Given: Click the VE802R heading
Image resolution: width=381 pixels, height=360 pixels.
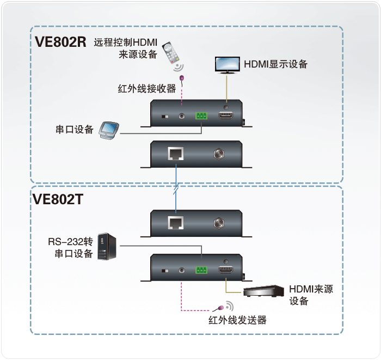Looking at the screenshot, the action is pyautogui.click(x=60, y=41).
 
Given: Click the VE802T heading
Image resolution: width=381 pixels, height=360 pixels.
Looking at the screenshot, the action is pyautogui.click(x=58, y=199).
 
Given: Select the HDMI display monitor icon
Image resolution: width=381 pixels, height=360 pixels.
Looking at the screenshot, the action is pyautogui.click(x=228, y=65).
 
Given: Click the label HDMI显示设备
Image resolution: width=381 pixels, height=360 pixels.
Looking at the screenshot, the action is pyautogui.click(x=276, y=64).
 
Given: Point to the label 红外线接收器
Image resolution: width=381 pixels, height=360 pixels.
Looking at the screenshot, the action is pyautogui.click(x=147, y=89).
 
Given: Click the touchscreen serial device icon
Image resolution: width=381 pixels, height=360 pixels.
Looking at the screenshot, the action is pyautogui.click(x=109, y=130).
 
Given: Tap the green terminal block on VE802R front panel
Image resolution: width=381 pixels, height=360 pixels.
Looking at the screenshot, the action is pyautogui.click(x=201, y=115).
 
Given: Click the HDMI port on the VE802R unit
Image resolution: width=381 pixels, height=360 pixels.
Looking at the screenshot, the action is pyautogui.click(x=226, y=115).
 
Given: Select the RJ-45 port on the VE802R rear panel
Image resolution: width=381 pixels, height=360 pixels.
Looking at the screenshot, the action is pyautogui.click(x=176, y=154).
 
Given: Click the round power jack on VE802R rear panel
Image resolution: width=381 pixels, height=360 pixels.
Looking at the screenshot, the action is pyautogui.click(x=219, y=154).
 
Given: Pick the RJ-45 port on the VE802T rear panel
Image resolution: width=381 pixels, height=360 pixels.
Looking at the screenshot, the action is pyautogui.click(x=176, y=223).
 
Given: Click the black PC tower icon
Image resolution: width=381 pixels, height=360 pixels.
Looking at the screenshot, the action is pyautogui.click(x=107, y=247).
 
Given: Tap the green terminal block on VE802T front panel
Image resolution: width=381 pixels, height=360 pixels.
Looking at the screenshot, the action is pyautogui.click(x=201, y=270).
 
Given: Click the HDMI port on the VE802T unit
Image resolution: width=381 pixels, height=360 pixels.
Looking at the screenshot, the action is pyautogui.click(x=226, y=270).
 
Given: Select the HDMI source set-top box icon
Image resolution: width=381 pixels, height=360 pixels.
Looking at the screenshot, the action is pyautogui.click(x=263, y=291).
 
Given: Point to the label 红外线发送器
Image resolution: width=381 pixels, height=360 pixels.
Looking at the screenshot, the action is pyautogui.click(x=237, y=320).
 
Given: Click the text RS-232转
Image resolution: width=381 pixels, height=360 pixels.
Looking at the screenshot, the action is pyautogui.click(x=70, y=242).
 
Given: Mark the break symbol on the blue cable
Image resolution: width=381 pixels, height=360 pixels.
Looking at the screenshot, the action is pyautogui.click(x=176, y=188).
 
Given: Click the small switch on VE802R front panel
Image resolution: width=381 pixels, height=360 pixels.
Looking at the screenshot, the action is pyautogui.click(x=165, y=117).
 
